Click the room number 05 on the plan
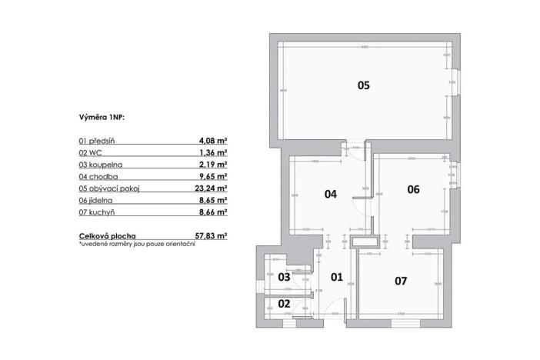click(364, 85)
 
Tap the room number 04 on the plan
click(331, 194)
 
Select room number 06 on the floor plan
click(413, 189)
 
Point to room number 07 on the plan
click(400, 281)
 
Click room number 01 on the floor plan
click(336, 276)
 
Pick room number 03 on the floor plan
click(284, 276)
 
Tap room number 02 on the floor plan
click(284, 303)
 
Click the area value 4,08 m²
click(212, 142)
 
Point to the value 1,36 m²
click(212, 153)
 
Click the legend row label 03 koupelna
click(100, 165)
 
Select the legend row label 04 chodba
click(98, 176)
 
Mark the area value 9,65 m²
click(212, 176)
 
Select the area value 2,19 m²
click(212, 165)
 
